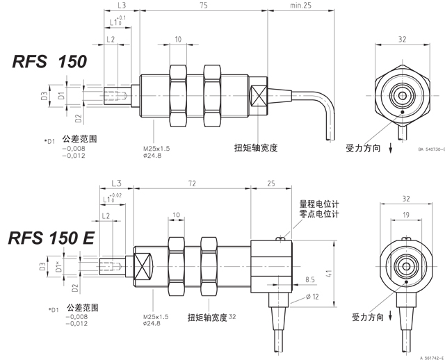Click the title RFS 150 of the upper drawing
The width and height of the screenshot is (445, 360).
click(49, 62)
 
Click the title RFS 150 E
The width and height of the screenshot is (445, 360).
click(51, 239)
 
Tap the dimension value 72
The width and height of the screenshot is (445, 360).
click(191, 183)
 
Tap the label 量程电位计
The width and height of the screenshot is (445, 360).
click(319, 204)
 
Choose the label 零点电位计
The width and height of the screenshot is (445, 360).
click(319, 215)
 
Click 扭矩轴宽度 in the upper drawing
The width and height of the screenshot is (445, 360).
click(257, 147)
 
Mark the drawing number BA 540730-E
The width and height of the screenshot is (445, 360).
click(430, 148)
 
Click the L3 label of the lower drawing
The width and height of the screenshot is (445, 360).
click(116, 183)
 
